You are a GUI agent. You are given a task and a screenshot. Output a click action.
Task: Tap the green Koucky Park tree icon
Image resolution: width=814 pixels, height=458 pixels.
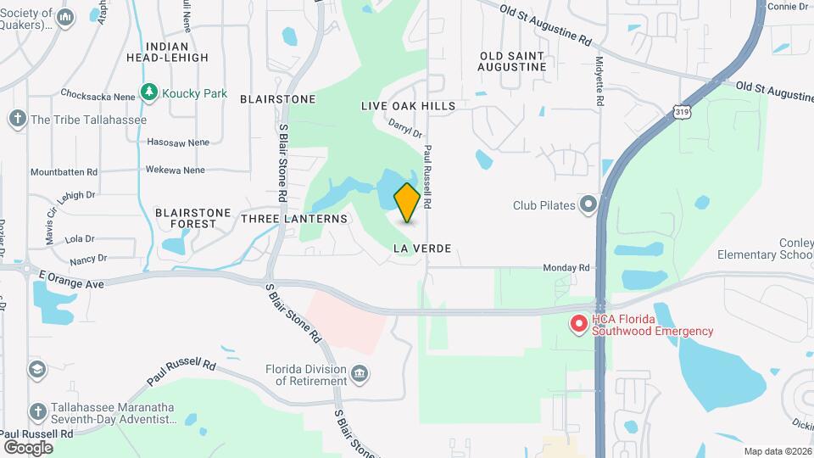pyautogui.click(x=150, y=92)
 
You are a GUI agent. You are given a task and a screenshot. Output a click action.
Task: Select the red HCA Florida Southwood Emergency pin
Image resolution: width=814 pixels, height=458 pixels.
pyautogui.click(x=579, y=323)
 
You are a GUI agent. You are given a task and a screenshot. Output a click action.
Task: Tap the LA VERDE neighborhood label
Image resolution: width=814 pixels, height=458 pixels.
pyautogui.click(x=422, y=249)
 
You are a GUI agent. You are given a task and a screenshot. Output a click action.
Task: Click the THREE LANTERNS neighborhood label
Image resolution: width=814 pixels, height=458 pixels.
pyautogui.click(x=294, y=219)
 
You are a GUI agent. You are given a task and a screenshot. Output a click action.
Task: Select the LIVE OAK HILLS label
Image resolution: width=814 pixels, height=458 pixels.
pyautogui.click(x=408, y=106)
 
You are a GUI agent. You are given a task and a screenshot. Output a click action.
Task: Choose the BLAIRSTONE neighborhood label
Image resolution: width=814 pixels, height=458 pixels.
pyautogui.click(x=277, y=99)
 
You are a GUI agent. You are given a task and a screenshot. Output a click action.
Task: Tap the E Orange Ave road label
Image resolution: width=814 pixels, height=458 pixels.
pyautogui.click(x=71, y=279)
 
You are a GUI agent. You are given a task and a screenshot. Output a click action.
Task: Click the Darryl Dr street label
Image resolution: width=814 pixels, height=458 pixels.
pyautogui.click(x=405, y=128)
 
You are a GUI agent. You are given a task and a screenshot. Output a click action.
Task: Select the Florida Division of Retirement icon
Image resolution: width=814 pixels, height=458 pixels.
pyautogui.click(x=360, y=371)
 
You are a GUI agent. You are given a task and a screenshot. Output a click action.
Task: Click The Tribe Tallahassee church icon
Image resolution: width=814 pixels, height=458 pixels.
pyautogui.click(x=18, y=119)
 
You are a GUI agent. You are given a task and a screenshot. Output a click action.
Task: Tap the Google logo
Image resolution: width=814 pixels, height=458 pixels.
pyautogui.click(x=28, y=447)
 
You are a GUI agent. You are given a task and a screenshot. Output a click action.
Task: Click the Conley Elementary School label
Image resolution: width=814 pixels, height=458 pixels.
pyautogui.click(x=765, y=249)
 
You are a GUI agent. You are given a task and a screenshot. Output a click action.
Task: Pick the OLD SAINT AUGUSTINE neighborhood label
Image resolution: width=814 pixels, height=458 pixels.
pyautogui.click(x=511, y=61)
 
